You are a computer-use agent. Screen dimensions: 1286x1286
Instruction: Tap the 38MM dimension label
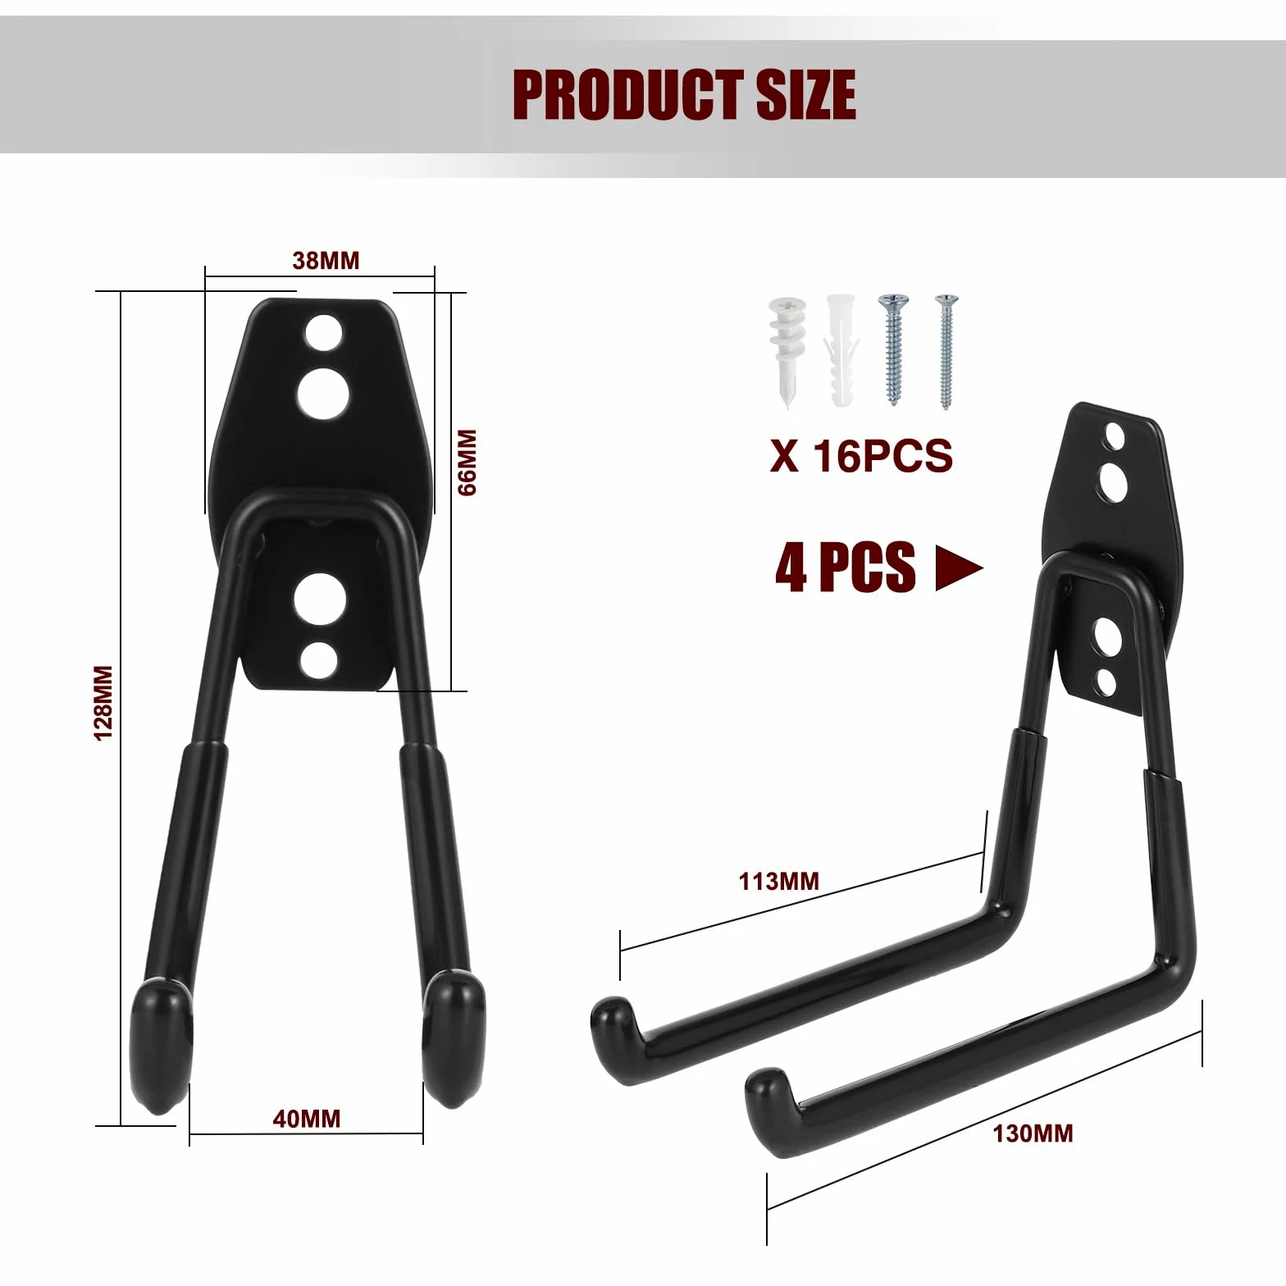326,261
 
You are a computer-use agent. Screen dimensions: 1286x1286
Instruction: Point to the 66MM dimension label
467,462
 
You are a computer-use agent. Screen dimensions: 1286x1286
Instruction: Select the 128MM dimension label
103,703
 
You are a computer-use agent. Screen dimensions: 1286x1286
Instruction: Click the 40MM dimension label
306,1119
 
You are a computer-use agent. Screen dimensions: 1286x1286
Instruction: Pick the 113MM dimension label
779,882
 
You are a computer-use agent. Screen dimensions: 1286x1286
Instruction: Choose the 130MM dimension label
1033,1133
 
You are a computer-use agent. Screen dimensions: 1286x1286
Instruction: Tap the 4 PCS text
845,567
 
